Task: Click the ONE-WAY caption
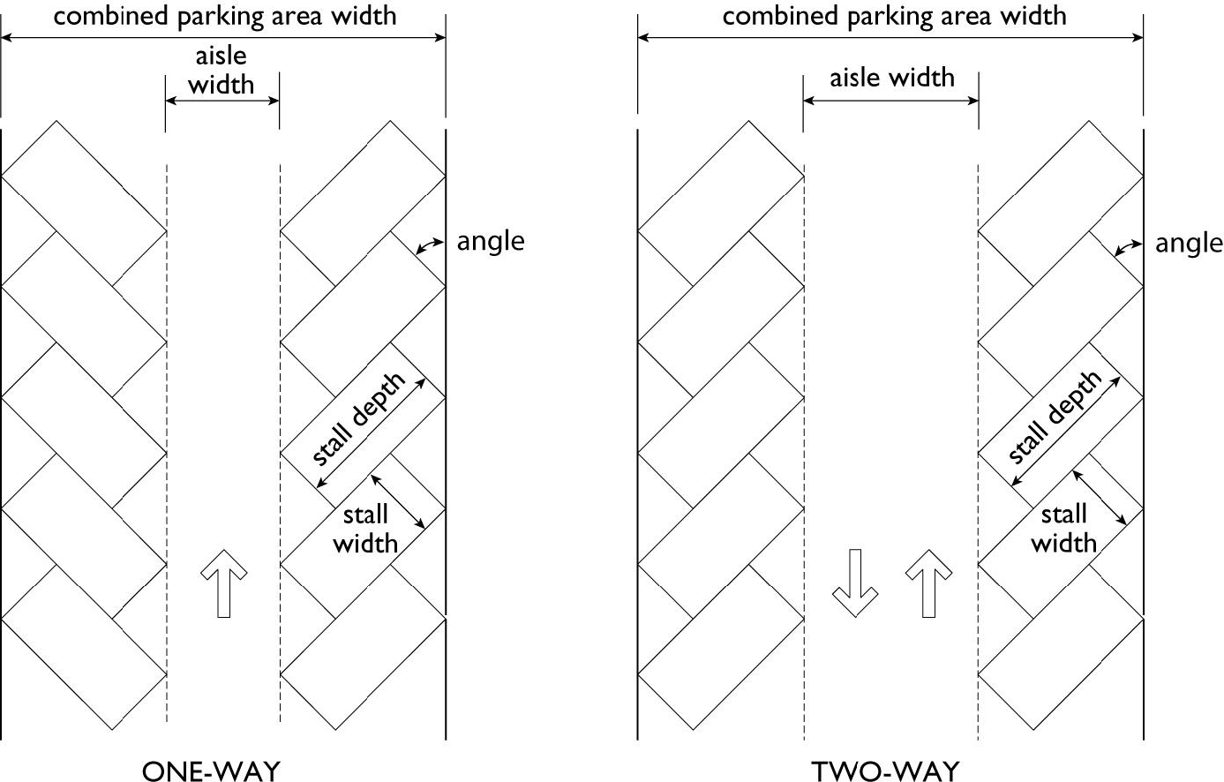(x=210, y=771)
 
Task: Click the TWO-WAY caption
(x=885, y=771)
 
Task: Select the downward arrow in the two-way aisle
(x=854, y=583)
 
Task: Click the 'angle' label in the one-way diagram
(x=490, y=241)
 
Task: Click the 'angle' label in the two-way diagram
(x=1189, y=243)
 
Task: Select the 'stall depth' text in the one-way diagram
(x=359, y=420)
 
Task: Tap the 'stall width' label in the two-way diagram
(x=1063, y=528)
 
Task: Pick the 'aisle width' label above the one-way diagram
(x=222, y=70)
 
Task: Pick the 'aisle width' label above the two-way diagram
(x=891, y=78)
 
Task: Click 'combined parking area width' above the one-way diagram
(x=224, y=15)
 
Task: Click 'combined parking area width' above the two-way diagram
(x=894, y=15)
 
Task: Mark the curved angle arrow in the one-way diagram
(x=430, y=245)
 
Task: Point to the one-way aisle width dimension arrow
(x=222, y=101)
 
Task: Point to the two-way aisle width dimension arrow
(x=890, y=101)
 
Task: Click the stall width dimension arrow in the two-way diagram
(x=1100, y=498)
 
